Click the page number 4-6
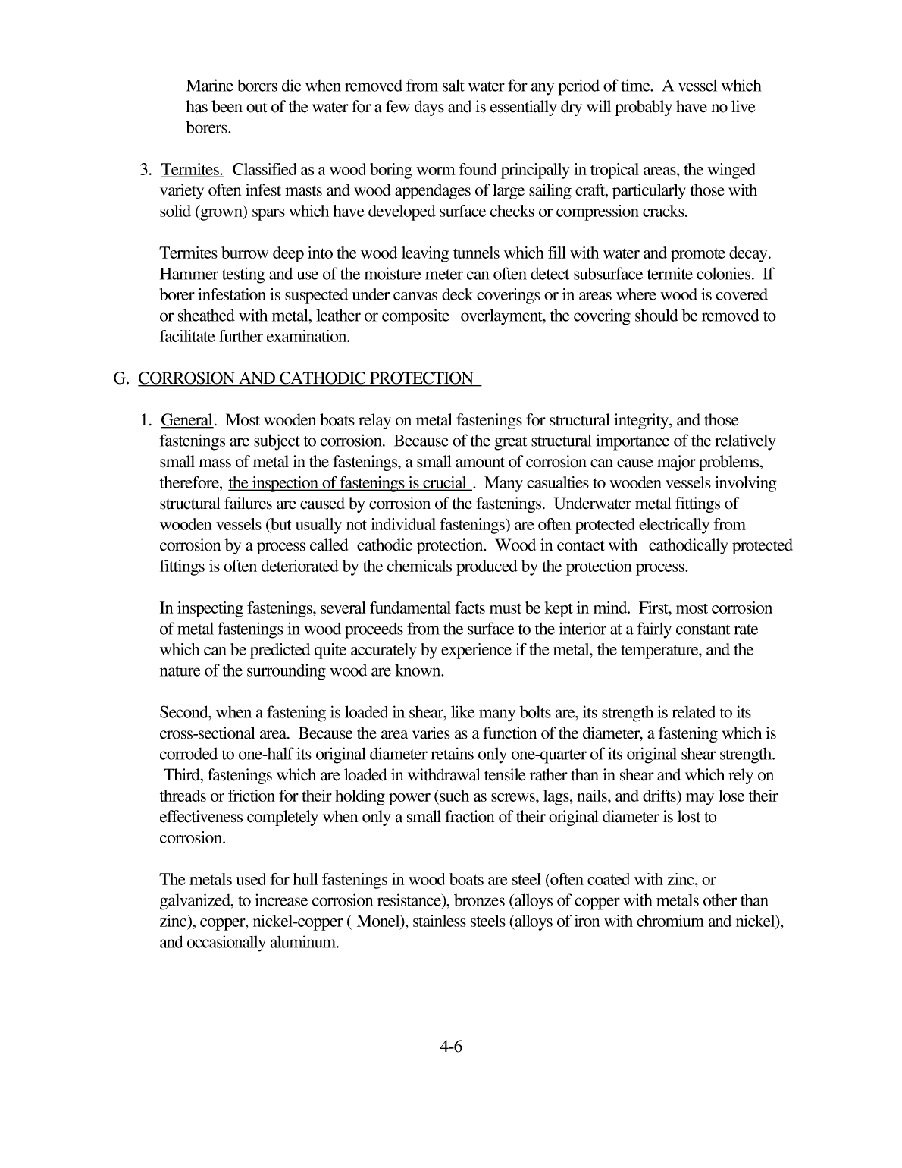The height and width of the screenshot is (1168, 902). pyautogui.click(x=450, y=1047)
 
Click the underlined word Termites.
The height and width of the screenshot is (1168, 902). pyautogui.click(x=192, y=170)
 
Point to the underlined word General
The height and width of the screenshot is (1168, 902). pyautogui.click(x=186, y=420)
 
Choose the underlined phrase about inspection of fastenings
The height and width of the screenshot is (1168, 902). pyautogui.click(x=347, y=483)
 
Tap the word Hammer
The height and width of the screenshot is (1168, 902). pyautogui.click(x=186, y=274)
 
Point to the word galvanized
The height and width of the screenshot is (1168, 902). pyautogui.click(x=194, y=902)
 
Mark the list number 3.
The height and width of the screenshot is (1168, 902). pyautogui.click(x=144, y=170)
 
